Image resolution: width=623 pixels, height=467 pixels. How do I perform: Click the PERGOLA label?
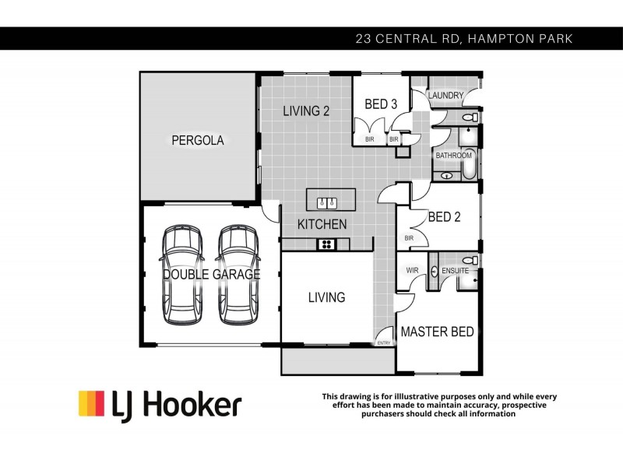[198, 141]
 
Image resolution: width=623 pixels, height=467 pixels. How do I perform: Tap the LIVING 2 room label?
[306, 111]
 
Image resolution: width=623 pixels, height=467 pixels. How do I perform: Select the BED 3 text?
[382, 104]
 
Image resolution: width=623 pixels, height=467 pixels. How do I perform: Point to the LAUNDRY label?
[445, 97]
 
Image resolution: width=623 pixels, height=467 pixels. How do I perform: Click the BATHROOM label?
[453, 156]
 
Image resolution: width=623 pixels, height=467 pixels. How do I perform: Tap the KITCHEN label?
[322, 224]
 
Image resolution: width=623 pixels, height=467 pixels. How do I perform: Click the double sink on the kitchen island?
[326, 204]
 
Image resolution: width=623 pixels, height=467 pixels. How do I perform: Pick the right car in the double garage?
[238, 275]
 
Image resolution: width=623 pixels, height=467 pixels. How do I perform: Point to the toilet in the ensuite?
[470, 261]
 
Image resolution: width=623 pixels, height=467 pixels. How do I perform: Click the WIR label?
[412, 271]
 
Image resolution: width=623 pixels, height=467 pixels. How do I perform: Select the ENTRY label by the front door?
[384, 342]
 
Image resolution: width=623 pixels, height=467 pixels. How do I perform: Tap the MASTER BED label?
[437, 332]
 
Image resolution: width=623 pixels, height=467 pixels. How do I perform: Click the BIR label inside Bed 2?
[408, 238]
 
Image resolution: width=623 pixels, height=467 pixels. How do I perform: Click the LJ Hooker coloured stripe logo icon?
[91, 404]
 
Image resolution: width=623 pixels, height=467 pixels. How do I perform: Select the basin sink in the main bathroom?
[447, 176]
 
